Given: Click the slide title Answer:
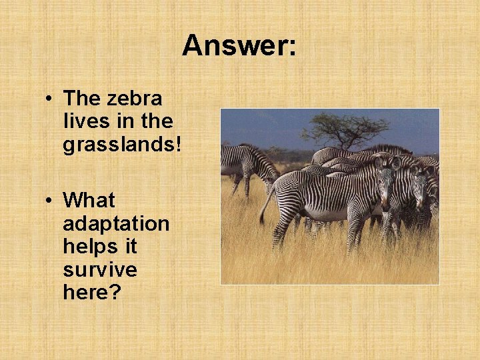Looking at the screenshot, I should pyautogui.click(x=239, y=46).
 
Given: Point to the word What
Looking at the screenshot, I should pyautogui.click(x=89, y=200).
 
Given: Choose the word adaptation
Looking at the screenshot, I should pyautogui.click(x=116, y=223).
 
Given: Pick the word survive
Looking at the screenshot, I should pyautogui.click(x=100, y=270).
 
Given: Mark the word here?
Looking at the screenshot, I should pyautogui.click(x=92, y=293).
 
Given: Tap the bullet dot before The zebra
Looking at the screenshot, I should pyautogui.click(x=50, y=99).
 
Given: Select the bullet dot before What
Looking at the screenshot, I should pyautogui.click(x=50, y=201).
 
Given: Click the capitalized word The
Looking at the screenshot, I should pyautogui.click(x=83, y=99).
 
